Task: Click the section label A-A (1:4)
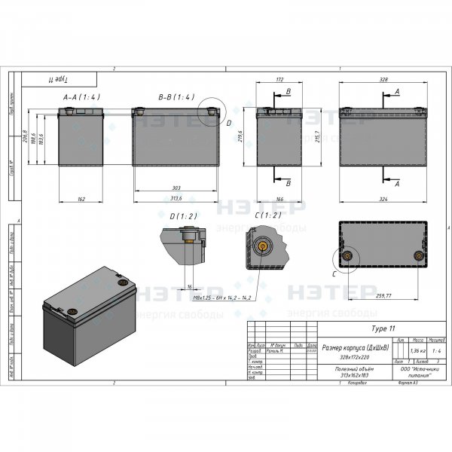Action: point(81,97)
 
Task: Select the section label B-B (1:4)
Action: point(176,97)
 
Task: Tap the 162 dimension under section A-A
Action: point(81,199)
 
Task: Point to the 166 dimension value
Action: point(279,199)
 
